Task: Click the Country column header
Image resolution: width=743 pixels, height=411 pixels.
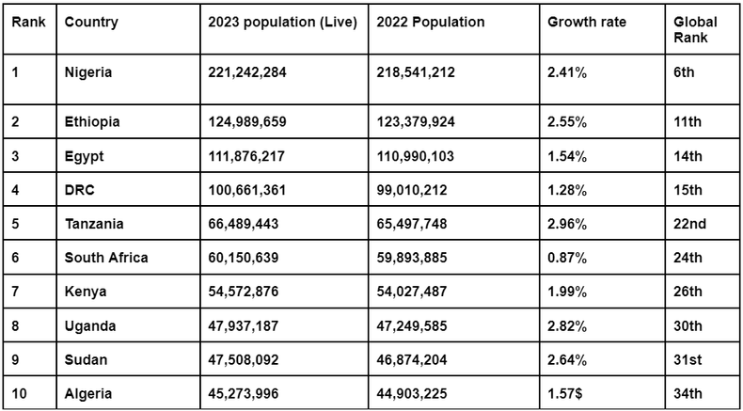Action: point(91,23)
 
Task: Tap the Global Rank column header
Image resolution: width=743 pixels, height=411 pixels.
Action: point(696,30)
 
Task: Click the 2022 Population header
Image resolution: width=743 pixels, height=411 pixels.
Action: point(431,23)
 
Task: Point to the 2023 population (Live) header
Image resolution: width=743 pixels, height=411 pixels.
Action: point(282,23)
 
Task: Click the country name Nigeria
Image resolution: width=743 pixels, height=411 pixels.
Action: point(89,72)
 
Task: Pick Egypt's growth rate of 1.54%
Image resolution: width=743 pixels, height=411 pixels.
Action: point(568,156)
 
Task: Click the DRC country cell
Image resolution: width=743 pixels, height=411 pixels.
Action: point(81,190)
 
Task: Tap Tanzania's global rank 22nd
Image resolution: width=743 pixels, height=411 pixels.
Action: point(691,224)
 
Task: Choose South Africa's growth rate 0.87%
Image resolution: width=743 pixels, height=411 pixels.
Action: point(568,258)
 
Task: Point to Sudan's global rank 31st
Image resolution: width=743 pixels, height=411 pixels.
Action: point(688,359)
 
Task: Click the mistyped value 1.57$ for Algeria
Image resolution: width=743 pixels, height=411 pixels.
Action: point(568,393)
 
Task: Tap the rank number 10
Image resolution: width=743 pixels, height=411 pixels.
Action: point(20,393)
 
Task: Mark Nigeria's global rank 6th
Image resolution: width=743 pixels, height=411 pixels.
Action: point(684,72)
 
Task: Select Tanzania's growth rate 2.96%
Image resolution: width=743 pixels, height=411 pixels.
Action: point(568,224)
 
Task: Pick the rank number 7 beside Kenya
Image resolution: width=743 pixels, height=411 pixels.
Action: point(16,292)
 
